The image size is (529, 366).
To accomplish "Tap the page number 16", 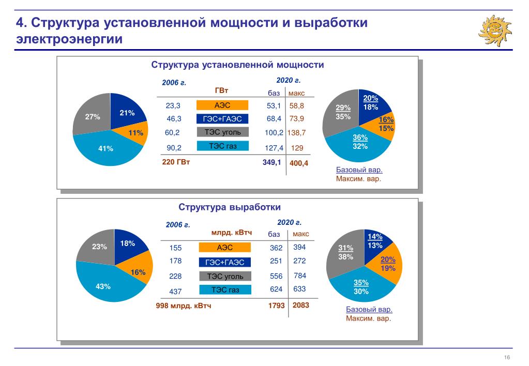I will point(507,358).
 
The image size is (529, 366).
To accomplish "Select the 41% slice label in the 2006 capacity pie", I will point(105,149).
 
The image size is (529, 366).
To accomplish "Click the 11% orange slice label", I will point(135,133).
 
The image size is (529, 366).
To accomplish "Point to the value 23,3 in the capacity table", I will point(173,105).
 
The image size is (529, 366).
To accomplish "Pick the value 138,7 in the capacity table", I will point(297,133).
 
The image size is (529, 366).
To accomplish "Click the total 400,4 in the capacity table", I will point(299,163).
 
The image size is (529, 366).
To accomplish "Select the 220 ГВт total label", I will point(176,162).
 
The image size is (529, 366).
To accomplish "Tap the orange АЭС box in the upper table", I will point(222,105).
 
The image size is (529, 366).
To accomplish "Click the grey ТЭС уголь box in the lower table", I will point(225,277).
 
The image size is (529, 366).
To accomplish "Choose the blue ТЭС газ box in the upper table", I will point(222,146).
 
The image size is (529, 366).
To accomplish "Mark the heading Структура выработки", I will point(230,207).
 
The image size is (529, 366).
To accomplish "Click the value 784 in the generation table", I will point(300,276).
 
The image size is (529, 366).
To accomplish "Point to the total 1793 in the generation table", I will point(276,306).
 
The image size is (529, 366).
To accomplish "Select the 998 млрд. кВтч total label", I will point(184,306).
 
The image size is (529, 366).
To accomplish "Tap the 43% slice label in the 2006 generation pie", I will point(103,286).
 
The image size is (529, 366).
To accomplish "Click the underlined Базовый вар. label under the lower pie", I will point(369,310).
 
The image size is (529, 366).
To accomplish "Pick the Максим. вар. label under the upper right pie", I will point(358,179).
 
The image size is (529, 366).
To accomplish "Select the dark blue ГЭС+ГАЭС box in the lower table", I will point(225,262).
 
